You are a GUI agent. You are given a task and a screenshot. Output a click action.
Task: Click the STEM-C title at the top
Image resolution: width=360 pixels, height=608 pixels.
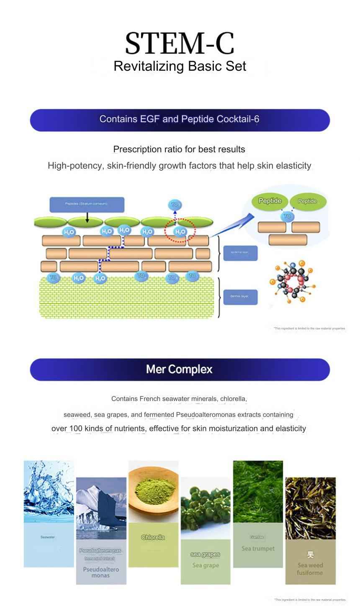coord(179,43)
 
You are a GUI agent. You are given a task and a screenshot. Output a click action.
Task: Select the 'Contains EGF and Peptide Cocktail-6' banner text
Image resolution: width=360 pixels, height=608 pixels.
coord(179,119)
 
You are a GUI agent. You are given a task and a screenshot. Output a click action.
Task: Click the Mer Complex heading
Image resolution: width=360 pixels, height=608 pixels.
coord(179,369)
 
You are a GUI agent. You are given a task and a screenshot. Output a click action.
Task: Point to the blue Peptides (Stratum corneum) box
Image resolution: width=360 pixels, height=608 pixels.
coord(87,204)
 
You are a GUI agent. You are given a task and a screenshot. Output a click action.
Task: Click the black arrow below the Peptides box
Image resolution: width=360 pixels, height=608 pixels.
coord(87,217)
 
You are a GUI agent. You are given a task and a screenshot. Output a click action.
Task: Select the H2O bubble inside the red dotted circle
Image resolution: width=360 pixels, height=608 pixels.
coord(180,231)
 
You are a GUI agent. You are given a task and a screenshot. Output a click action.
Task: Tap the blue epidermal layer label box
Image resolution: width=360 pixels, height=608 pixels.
coord(240,253)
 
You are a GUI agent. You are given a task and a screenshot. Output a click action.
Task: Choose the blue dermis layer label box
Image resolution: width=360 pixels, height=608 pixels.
coord(240,297)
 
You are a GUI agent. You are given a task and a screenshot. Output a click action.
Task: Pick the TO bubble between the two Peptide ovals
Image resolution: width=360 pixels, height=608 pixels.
coord(287,216)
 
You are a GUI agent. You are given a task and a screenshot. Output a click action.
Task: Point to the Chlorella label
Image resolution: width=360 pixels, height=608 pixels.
coord(153,537)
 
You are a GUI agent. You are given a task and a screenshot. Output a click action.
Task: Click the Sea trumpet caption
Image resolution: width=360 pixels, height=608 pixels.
coord(257,548)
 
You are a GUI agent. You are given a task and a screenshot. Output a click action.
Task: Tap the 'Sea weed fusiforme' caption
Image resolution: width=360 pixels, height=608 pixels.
coord(310,569)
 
